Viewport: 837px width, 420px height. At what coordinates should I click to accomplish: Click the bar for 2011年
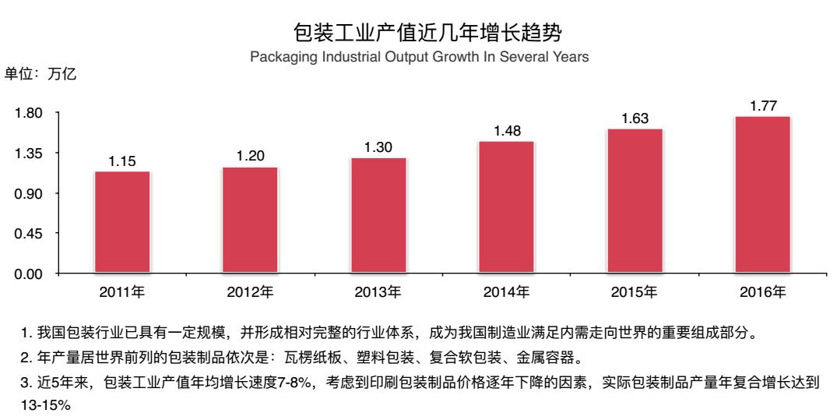pyautogui.click(x=122, y=222)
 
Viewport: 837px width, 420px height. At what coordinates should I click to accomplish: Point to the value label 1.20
pyautogui.click(x=251, y=157)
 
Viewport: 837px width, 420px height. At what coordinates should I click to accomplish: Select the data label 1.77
pyautogui.click(x=763, y=105)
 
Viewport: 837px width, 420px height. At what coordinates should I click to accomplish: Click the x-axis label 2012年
pyautogui.click(x=251, y=294)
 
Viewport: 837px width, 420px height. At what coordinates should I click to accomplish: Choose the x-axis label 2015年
pyautogui.click(x=635, y=294)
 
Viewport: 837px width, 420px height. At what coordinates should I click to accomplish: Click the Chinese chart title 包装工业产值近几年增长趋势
pyautogui.click(x=417, y=33)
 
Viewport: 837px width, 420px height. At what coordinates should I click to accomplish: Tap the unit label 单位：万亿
pyautogui.click(x=40, y=75)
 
